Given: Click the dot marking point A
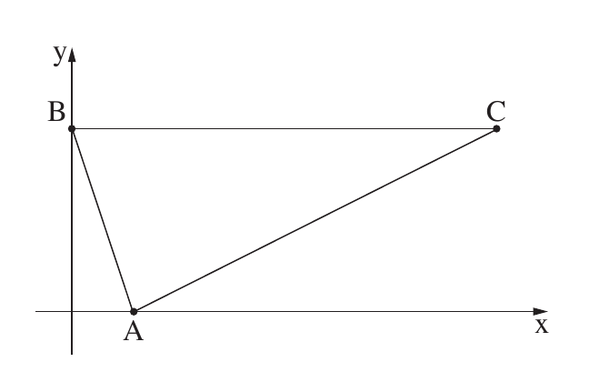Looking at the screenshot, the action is pyautogui.click(x=134, y=311).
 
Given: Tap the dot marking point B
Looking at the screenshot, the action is pyautogui.click(x=72, y=128).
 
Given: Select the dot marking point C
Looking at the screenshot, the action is pyautogui.click(x=496, y=128).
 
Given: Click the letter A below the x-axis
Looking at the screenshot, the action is pyautogui.click(x=134, y=331).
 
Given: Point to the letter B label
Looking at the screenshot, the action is pyautogui.click(x=56, y=112).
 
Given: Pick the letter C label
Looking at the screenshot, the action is pyautogui.click(x=495, y=111).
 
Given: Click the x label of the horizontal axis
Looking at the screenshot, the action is pyautogui.click(x=542, y=326).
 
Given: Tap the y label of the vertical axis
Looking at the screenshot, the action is pyautogui.click(x=60, y=55).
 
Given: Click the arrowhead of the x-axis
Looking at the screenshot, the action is pyautogui.click(x=540, y=311).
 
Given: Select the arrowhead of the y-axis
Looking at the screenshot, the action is pyautogui.click(x=72, y=55).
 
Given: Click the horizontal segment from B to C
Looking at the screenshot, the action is pyautogui.click(x=284, y=128).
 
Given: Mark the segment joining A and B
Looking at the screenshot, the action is pyautogui.click(x=103, y=220).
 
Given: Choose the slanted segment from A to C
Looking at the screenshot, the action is pyautogui.click(x=315, y=220).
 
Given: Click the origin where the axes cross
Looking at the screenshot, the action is pyautogui.click(x=72, y=311).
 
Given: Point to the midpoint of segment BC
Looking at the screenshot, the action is pyautogui.click(x=284, y=128).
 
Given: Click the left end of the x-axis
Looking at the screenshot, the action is pyautogui.click(x=35, y=311).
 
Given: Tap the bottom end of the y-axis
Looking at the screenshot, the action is pyautogui.click(x=72, y=355).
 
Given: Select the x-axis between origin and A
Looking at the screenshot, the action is pyautogui.click(x=103, y=311).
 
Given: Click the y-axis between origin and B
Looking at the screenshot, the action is pyautogui.click(x=72, y=220).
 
